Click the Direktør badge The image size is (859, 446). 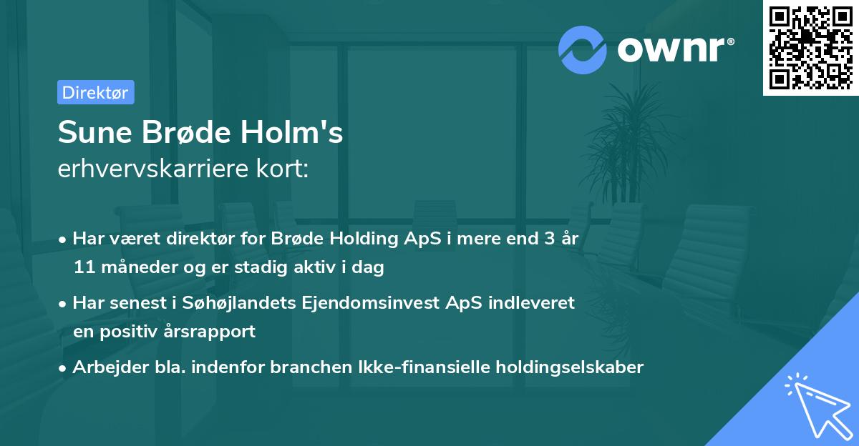(x=95, y=92)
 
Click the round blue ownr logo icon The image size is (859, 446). (x=583, y=49)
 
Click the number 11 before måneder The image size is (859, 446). (x=83, y=268)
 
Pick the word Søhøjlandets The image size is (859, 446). (x=236, y=303)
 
